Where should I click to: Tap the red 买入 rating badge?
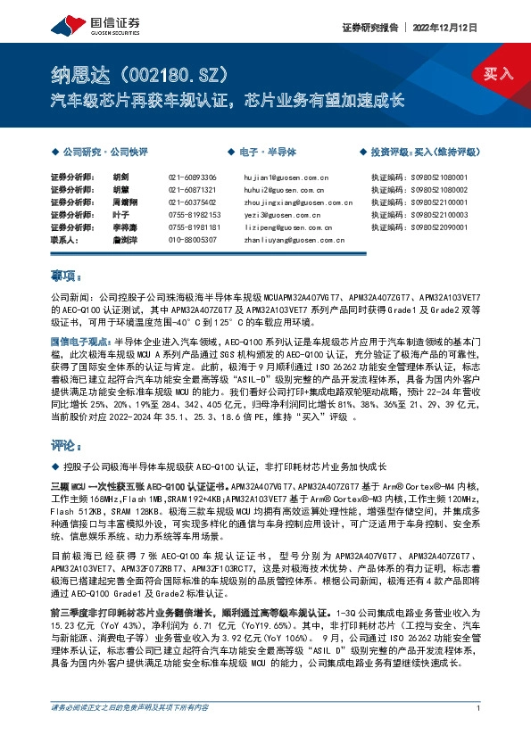500,73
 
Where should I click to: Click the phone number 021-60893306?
192,178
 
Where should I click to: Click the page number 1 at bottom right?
480,733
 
